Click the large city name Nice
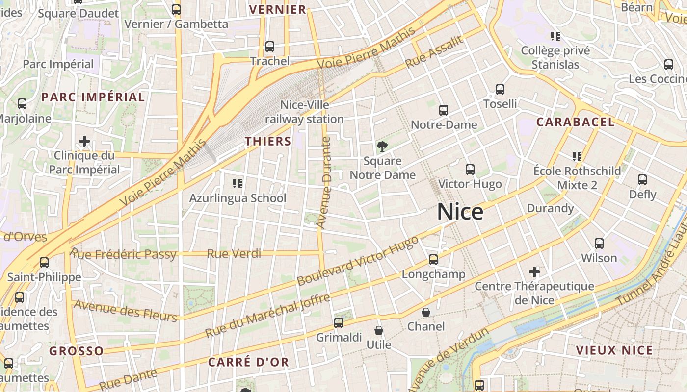(x=460, y=212)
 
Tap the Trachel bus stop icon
(x=269, y=47)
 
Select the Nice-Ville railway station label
(x=304, y=112)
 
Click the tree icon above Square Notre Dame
(x=382, y=146)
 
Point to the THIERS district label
(x=268, y=141)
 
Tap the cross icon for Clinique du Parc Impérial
(x=84, y=141)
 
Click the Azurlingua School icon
(x=238, y=184)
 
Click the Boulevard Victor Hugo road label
(x=358, y=261)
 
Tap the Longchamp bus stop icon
(x=433, y=260)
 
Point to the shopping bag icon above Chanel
(x=426, y=312)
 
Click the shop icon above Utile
(x=378, y=330)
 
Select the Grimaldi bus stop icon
(x=339, y=322)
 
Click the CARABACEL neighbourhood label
(x=575, y=122)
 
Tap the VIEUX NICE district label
(x=614, y=350)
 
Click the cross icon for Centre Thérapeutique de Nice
(x=534, y=271)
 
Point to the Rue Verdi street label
(x=234, y=254)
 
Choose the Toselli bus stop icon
(x=500, y=90)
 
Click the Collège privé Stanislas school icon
(x=555, y=36)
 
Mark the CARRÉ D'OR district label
(x=248, y=362)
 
